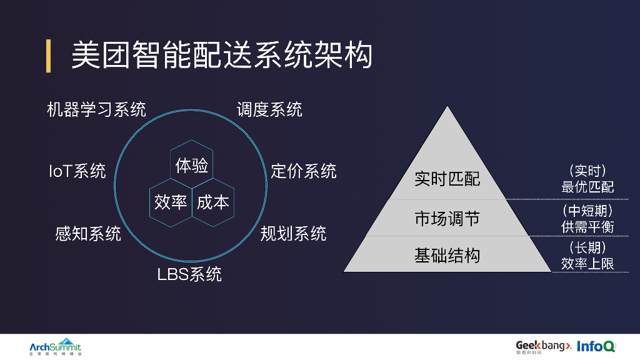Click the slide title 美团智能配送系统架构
(221, 56)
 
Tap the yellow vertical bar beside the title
(48, 56)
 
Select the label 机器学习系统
(97, 110)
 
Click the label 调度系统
(269, 110)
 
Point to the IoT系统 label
(77, 171)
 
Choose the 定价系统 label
(303, 171)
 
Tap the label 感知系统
(88, 234)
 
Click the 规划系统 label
(293, 234)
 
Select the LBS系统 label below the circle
(189, 274)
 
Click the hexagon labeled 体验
(192, 166)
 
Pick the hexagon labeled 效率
(171, 202)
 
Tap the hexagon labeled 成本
(213, 202)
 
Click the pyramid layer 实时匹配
(447, 179)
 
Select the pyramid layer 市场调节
(447, 218)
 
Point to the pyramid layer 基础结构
(447, 255)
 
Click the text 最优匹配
(587, 187)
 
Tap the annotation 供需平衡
(587, 226)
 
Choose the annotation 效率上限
(587, 264)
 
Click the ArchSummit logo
(55, 347)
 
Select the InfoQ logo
(596, 346)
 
